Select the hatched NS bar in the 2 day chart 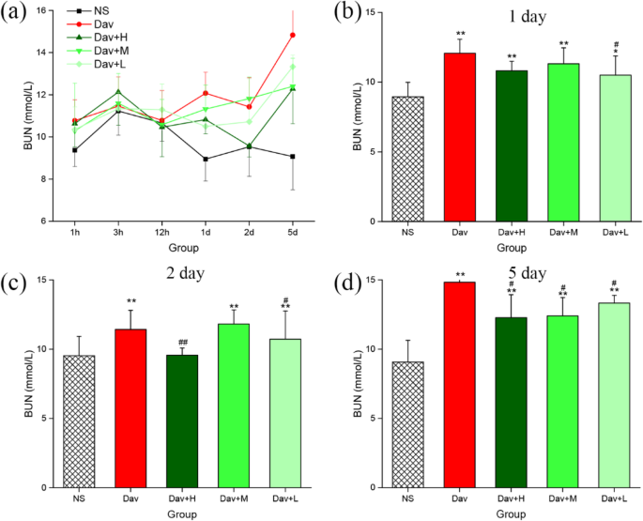point(79,421)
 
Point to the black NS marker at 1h point(75,149)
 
